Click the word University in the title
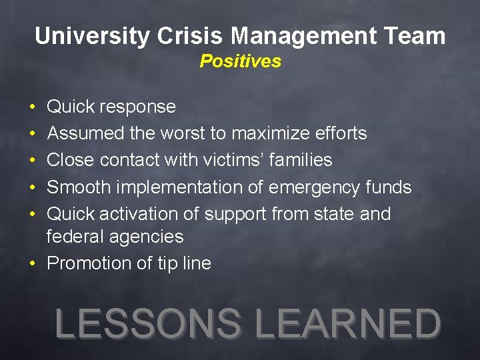(93, 36)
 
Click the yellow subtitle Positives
(240, 61)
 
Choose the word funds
(390, 187)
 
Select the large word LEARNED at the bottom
(348, 324)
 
